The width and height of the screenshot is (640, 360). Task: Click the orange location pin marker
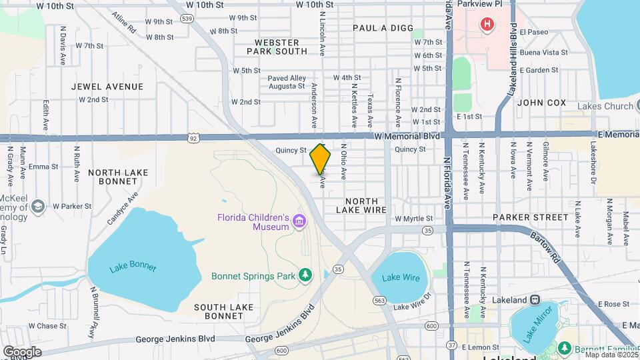pyautogui.click(x=321, y=159)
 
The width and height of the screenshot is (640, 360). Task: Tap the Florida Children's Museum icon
pyautogui.click(x=299, y=221)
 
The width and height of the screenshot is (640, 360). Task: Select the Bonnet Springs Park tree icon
pyautogui.click(x=305, y=275)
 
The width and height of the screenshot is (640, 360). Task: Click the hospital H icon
pyautogui.click(x=488, y=25)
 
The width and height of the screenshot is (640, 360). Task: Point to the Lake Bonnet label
pyautogui.click(x=133, y=267)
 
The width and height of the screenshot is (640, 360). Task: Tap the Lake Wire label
pyautogui.click(x=401, y=277)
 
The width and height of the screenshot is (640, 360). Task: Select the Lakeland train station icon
pyautogui.click(x=534, y=300)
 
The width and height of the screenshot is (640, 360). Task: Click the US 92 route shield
pyautogui.click(x=193, y=138)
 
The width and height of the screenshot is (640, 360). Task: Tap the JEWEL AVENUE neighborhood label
pyautogui.click(x=107, y=87)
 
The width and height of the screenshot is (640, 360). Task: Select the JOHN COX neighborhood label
pyautogui.click(x=541, y=103)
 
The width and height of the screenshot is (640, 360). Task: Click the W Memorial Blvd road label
pyautogui.click(x=407, y=136)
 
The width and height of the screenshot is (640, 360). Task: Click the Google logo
pyautogui.click(x=22, y=351)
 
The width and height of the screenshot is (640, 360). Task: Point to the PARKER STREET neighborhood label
pyautogui.click(x=531, y=217)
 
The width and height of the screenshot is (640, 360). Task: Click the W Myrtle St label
pyautogui.click(x=413, y=218)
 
